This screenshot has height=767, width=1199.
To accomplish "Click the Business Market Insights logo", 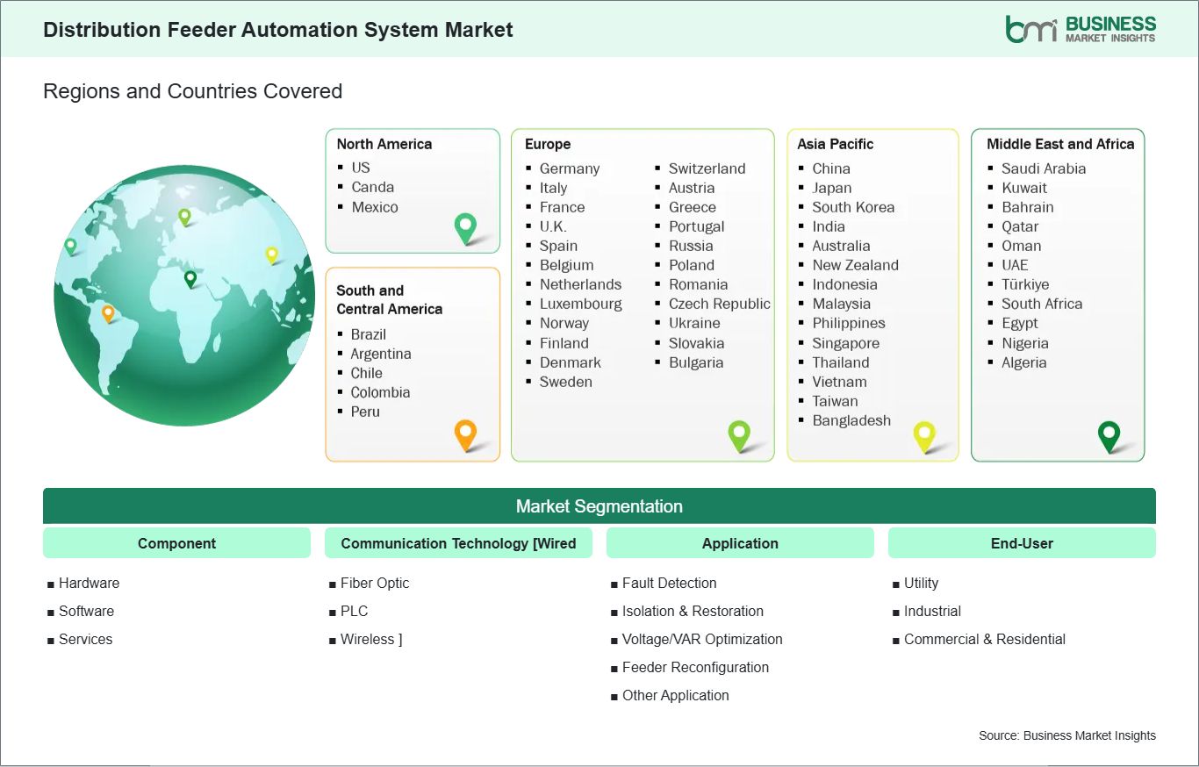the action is click(1081, 29).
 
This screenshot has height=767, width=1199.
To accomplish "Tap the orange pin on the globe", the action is click(108, 313).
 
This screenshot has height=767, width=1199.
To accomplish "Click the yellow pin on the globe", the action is click(272, 255).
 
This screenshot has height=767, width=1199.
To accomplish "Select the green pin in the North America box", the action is click(465, 228).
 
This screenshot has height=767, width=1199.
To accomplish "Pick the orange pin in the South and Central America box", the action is click(465, 435).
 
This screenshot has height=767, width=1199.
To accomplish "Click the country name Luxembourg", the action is click(581, 304).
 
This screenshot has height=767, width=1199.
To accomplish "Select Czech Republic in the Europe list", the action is click(720, 304).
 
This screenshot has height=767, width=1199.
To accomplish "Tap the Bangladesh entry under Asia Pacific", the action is click(851, 420).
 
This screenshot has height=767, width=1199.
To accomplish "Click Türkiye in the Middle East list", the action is click(1025, 284).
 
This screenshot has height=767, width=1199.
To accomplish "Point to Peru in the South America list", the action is click(365, 412).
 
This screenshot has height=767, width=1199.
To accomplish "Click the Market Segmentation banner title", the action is click(599, 506).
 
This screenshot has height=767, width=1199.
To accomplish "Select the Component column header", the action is click(176, 543).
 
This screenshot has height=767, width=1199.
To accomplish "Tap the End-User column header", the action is click(1022, 543).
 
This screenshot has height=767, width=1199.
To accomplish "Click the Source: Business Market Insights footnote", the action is click(1067, 735).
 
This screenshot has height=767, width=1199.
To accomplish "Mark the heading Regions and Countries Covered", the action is click(193, 91).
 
